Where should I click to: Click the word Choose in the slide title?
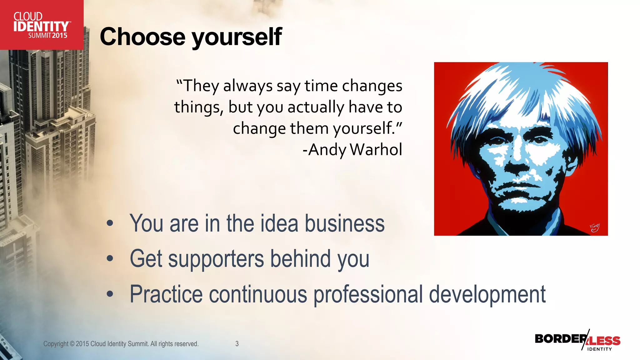pos(142,37)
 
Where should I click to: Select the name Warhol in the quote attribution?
pos(376,149)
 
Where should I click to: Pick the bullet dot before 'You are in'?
pos(110,223)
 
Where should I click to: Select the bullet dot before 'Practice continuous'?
pos(110,294)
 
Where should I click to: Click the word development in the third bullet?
pos(487,294)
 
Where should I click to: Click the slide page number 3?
pos(237,344)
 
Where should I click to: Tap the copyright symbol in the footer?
pos(72,344)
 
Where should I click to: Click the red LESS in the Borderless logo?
pos(604,340)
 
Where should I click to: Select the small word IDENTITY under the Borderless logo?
pos(599,349)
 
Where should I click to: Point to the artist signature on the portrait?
pos(594,228)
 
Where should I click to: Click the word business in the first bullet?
pos(344,223)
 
